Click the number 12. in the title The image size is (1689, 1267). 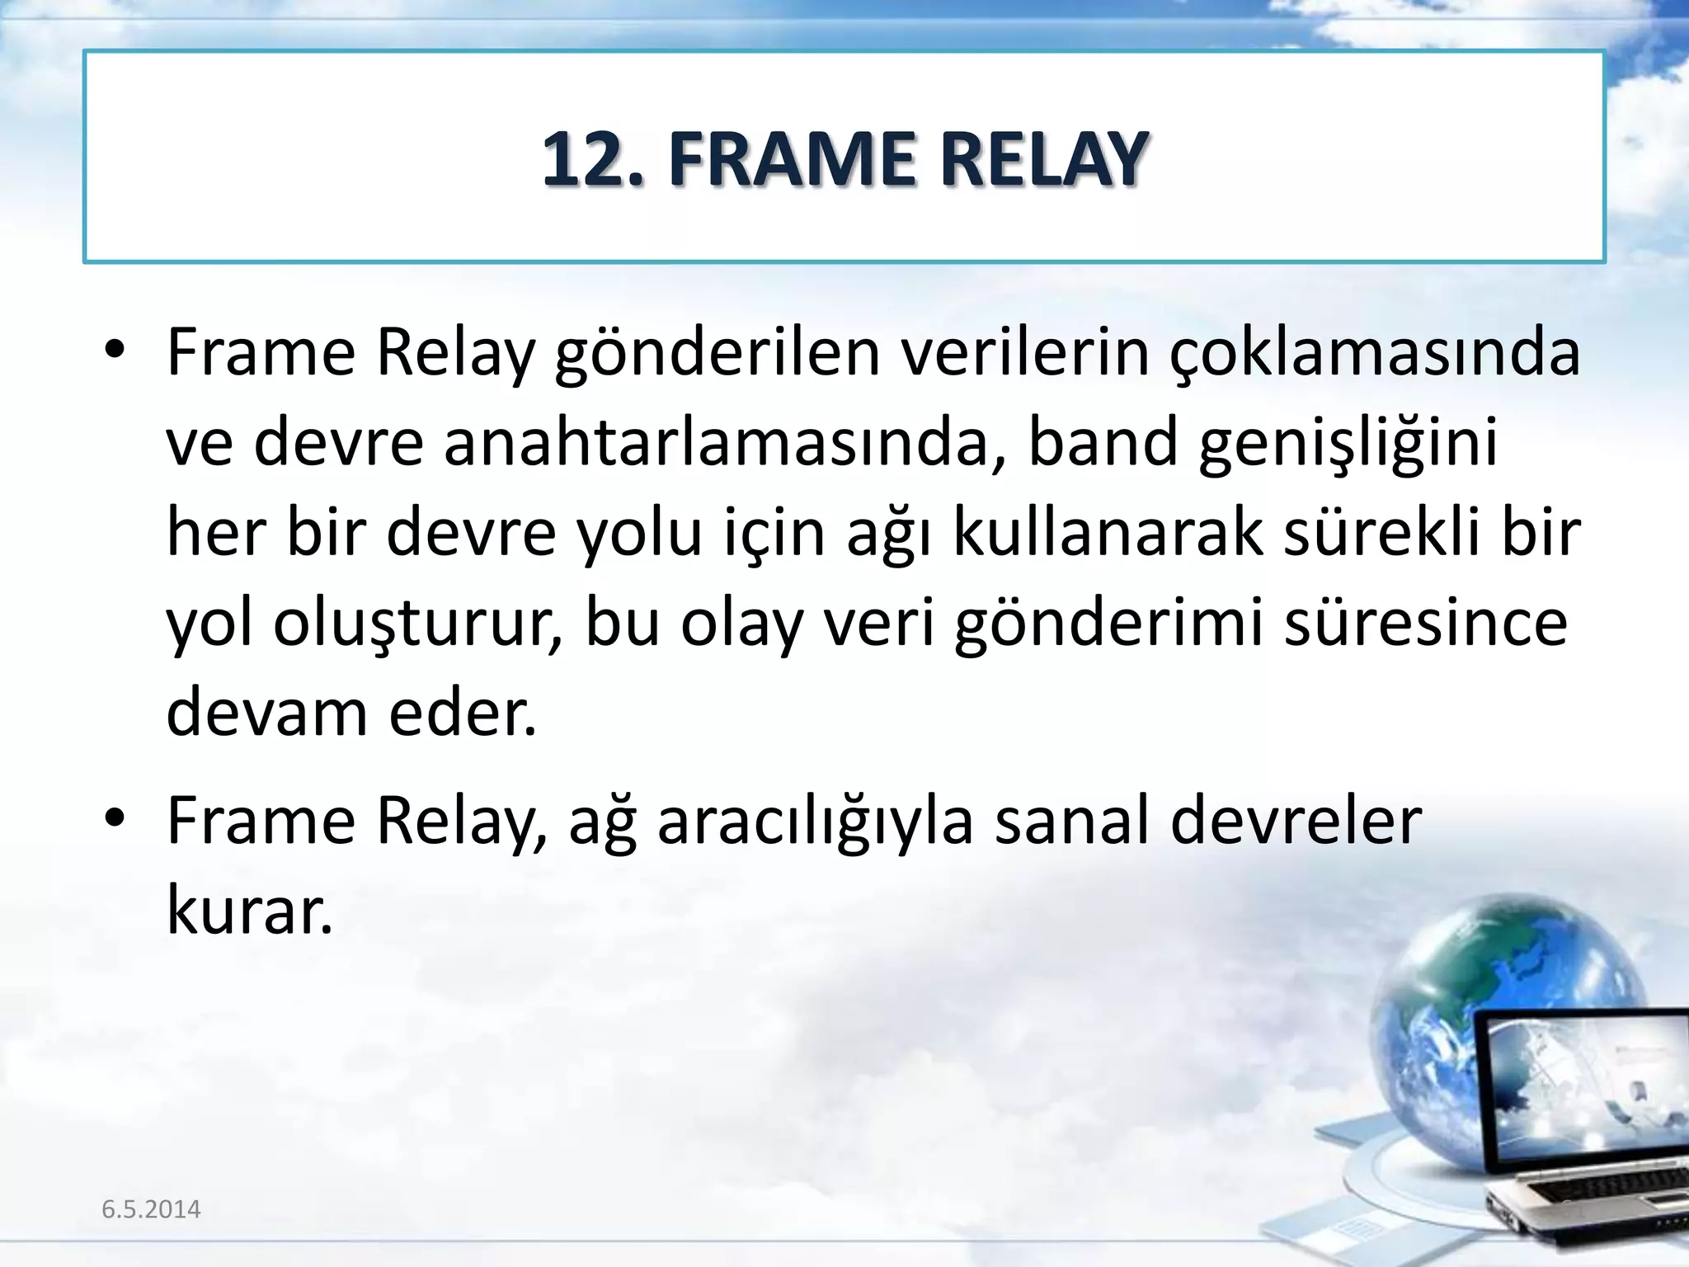point(592,158)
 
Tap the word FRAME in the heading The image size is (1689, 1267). point(792,158)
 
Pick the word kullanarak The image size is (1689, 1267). point(1108,533)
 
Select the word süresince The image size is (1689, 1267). point(1425,624)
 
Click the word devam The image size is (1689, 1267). point(266,713)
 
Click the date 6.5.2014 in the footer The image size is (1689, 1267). point(151,1209)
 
